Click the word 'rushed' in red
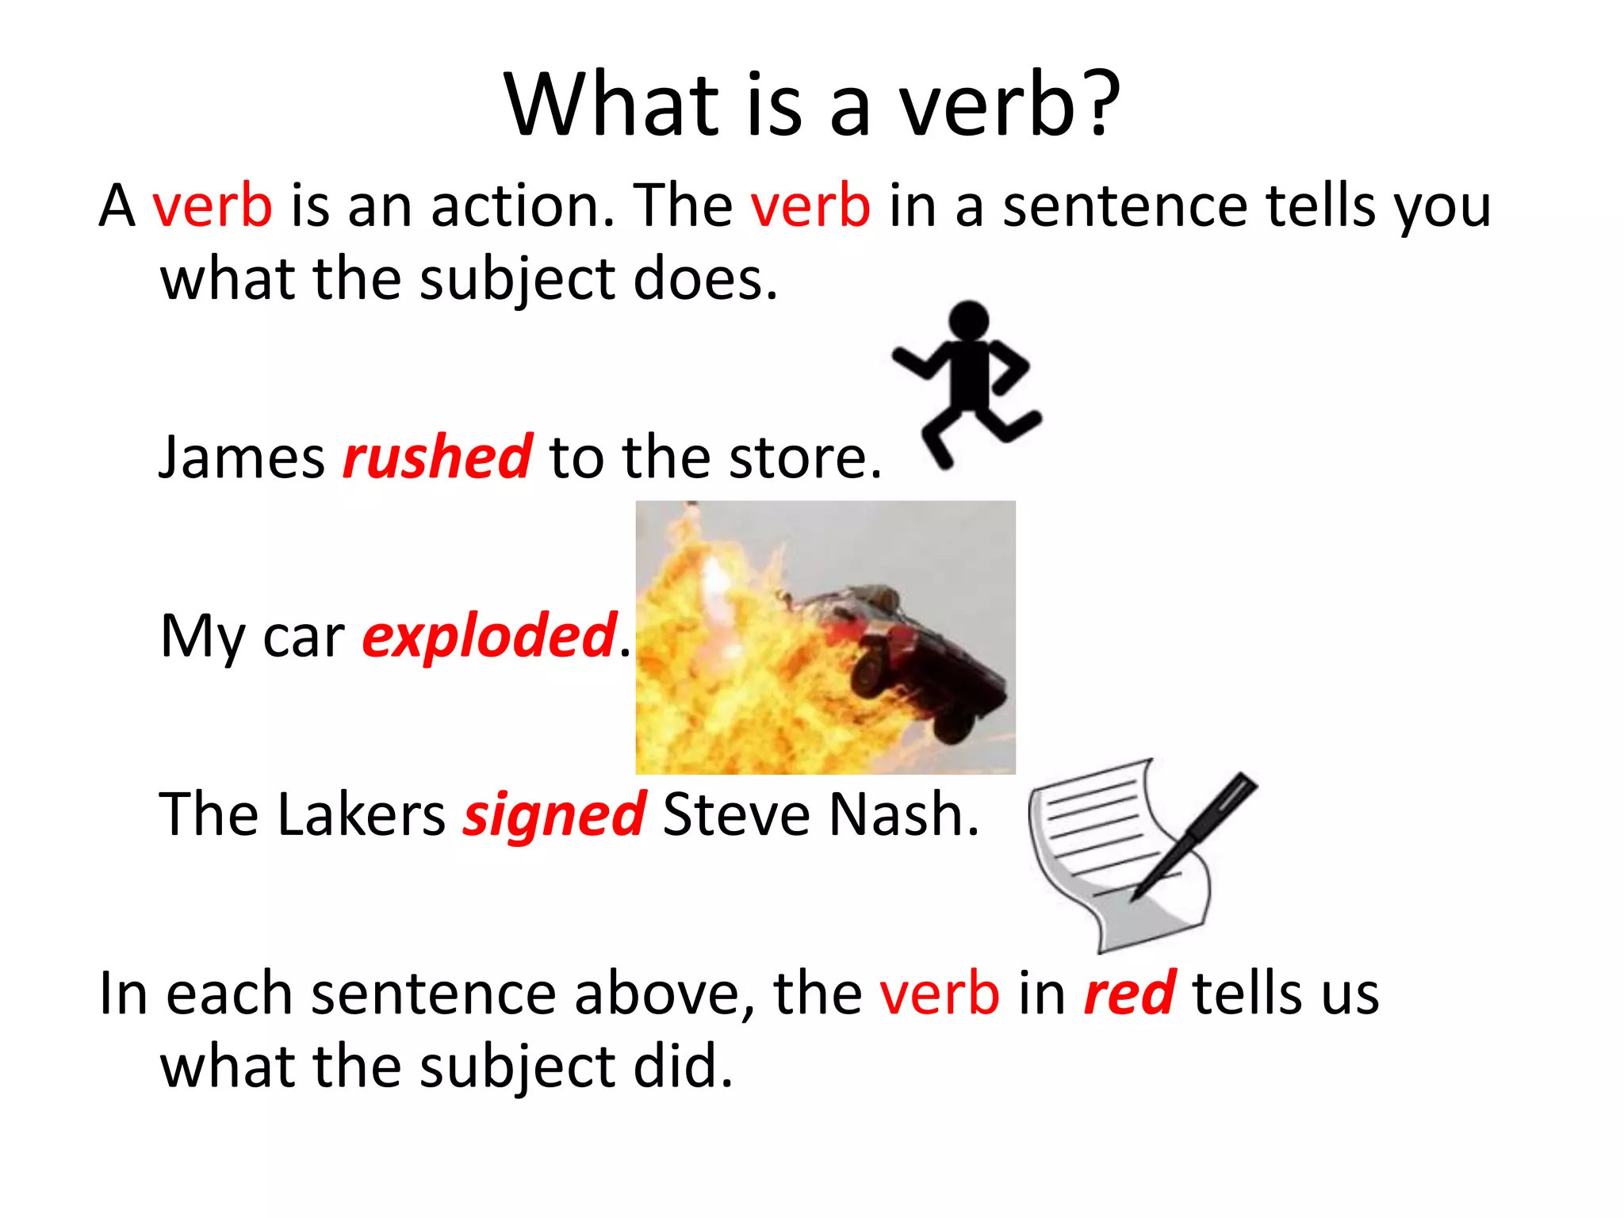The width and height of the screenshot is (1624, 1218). coord(437,458)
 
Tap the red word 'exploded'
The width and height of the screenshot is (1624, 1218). coord(488,636)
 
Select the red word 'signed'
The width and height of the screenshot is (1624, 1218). coord(554,814)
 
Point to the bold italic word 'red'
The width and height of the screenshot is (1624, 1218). coord(1129,993)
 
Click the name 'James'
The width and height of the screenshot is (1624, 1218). coord(242,458)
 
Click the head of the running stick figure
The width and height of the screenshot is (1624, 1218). coord(969,320)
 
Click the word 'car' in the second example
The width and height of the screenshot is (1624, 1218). coord(304,636)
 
